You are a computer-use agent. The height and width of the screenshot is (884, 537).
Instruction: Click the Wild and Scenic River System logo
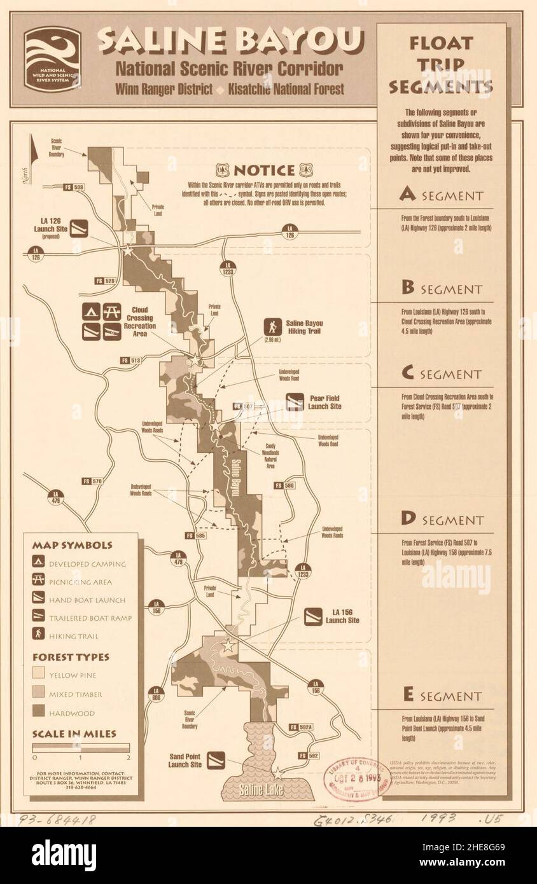pos(53,60)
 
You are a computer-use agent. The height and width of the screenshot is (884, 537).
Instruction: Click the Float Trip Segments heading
pos(441,64)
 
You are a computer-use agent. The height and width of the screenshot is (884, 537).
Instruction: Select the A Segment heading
pos(441,195)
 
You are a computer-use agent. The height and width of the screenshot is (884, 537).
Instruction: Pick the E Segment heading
pos(441,696)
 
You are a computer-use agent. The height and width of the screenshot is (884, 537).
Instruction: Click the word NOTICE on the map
pos(263,170)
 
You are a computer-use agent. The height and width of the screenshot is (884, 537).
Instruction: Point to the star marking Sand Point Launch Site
pos(277,775)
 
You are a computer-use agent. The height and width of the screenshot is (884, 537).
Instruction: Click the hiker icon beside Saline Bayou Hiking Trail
pos(274,327)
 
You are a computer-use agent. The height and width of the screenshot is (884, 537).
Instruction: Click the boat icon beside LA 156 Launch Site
pos(312,616)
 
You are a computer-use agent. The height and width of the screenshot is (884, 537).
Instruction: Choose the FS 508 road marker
pos(74,188)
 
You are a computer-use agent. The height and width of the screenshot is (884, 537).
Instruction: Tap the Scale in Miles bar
pos(81,748)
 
